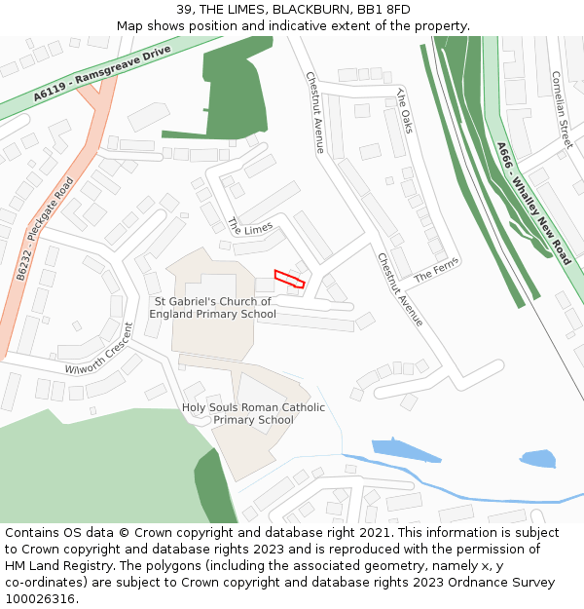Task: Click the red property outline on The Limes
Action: (x=289, y=280)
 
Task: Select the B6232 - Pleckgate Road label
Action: (x=45, y=230)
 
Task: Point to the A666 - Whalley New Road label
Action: (x=532, y=204)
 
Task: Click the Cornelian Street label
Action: (x=562, y=109)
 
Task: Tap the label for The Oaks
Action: (x=405, y=110)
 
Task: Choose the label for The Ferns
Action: (x=435, y=271)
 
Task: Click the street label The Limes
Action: (x=250, y=226)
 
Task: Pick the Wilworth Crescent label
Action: (x=98, y=350)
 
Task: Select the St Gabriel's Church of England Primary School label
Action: (x=212, y=308)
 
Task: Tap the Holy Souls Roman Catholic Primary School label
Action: (x=253, y=414)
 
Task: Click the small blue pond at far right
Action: (x=537, y=458)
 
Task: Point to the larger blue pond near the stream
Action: (x=406, y=449)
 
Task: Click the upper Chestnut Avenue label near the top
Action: (x=315, y=112)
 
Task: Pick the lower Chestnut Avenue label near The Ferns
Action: (x=400, y=289)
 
